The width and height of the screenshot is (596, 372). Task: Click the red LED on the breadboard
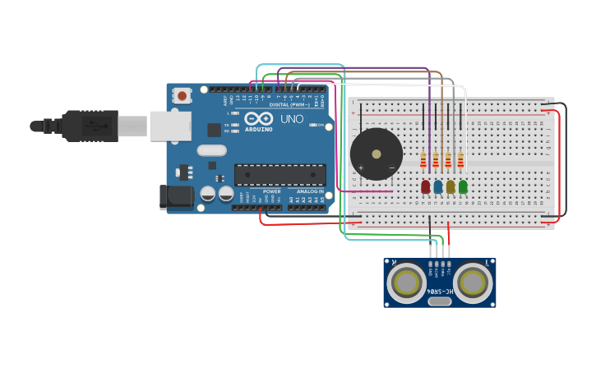(x=425, y=186)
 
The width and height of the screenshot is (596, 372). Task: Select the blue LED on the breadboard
(x=437, y=186)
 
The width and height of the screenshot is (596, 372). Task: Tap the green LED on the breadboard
(x=463, y=186)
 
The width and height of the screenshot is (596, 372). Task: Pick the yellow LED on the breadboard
(x=450, y=186)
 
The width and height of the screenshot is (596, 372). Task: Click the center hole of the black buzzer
(x=377, y=154)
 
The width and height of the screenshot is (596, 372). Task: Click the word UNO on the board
(x=292, y=119)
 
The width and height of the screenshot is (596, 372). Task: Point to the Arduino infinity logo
(x=258, y=119)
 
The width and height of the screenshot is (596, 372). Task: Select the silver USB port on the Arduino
(x=170, y=126)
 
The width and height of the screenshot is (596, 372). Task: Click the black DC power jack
(x=175, y=196)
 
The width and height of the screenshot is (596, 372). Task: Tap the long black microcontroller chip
(x=280, y=174)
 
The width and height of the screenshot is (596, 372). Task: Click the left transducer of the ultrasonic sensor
(x=406, y=282)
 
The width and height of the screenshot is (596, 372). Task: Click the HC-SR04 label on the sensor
(x=440, y=290)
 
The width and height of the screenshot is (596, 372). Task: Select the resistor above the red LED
(x=423, y=159)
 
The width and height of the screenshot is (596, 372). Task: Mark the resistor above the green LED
(x=460, y=159)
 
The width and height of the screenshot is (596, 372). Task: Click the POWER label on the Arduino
(x=271, y=191)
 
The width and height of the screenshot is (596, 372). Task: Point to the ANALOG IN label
(x=310, y=191)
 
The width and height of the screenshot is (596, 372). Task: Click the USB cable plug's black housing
(x=90, y=126)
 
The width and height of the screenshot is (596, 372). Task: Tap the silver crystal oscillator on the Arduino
(x=211, y=150)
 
